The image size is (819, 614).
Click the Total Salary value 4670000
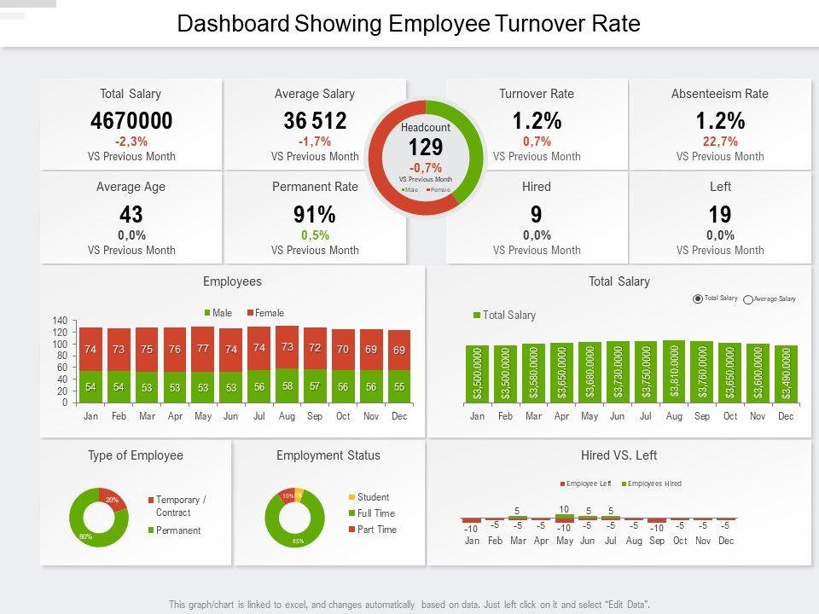131,121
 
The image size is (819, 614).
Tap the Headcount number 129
426,148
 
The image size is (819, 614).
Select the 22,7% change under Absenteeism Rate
720,142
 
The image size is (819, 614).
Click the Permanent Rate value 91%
315,215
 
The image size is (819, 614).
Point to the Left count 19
720,215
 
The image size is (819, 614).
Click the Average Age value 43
131,215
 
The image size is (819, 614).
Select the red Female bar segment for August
288,347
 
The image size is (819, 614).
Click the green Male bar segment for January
90,387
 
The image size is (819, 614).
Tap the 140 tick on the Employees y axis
60,321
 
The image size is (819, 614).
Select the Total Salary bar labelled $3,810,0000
674,372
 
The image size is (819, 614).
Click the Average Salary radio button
748,299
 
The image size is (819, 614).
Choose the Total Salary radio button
698,298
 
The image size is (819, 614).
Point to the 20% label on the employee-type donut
112,500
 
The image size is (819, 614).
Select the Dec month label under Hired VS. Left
725,541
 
